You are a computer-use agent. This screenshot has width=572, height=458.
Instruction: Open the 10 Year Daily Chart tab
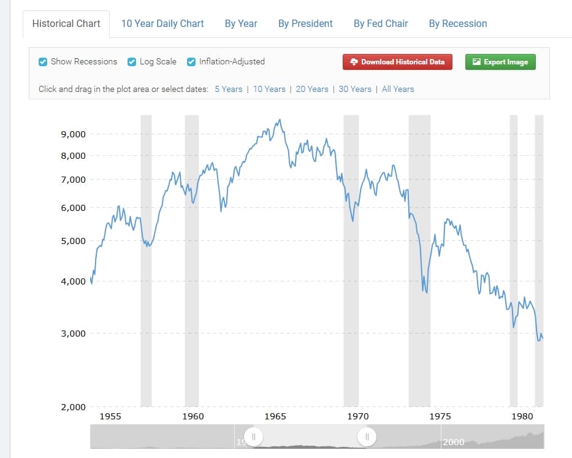click(162, 23)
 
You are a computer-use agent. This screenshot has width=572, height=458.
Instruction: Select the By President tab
click(305, 23)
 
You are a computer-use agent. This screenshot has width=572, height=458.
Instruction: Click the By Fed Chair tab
click(381, 23)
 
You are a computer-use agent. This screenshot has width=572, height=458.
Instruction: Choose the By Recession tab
click(458, 23)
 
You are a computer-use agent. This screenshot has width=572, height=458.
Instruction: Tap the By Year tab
click(241, 23)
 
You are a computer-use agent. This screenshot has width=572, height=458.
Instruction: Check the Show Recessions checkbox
click(43, 61)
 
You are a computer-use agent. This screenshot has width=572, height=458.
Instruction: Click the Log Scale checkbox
click(132, 61)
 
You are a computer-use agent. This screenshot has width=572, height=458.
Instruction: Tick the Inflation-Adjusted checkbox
click(191, 61)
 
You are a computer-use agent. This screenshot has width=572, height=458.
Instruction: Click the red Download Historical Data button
click(397, 62)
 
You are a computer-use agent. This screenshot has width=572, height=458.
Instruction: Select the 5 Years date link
click(229, 89)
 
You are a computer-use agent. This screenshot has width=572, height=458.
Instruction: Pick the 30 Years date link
click(355, 89)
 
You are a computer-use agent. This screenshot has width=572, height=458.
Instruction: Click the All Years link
click(398, 89)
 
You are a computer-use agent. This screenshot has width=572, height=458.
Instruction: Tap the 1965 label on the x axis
click(275, 416)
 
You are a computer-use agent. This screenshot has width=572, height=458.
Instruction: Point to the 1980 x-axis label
click(522, 416)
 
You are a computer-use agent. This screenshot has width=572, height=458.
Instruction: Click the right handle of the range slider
click(366, 437)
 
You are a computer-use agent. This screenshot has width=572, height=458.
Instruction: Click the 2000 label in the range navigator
click(454, 442)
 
